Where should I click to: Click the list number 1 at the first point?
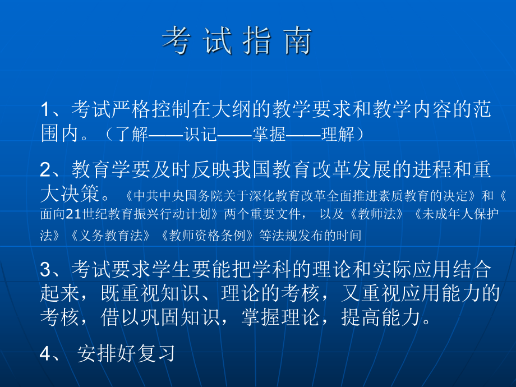pos(46,109)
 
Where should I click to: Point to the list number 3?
pos(46,270)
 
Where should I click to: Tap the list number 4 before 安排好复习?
pos(46,353)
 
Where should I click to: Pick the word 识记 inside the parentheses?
pos(200,135)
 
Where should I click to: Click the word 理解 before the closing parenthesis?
pos(339,135)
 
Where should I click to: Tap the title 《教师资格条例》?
pos(205,235)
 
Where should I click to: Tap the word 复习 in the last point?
pos(158,353)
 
